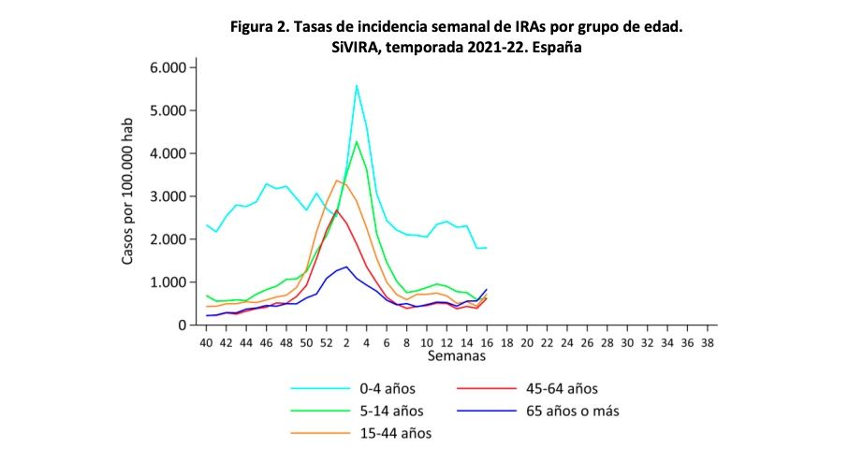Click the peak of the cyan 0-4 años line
357,85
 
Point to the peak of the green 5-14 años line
357,141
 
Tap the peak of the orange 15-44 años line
337,180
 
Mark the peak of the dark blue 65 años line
346,267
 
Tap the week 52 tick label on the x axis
327,343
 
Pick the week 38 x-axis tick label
708,343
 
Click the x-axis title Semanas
456,356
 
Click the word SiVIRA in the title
351,48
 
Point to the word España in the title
557,48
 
